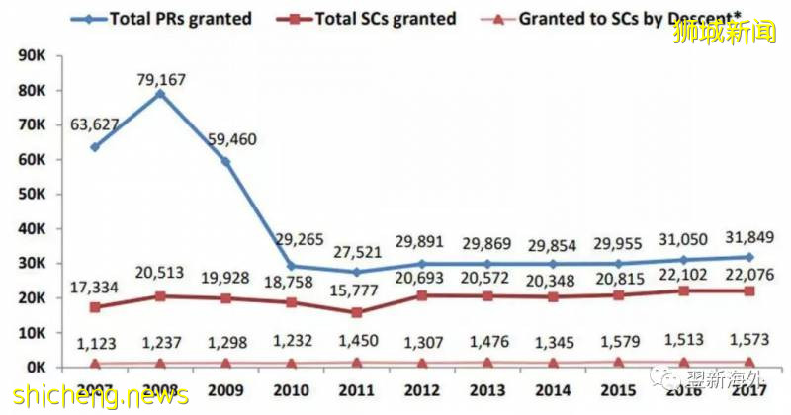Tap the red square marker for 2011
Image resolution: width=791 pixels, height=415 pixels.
pos(356,312)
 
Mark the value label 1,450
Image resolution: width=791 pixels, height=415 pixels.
pos(356,341)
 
